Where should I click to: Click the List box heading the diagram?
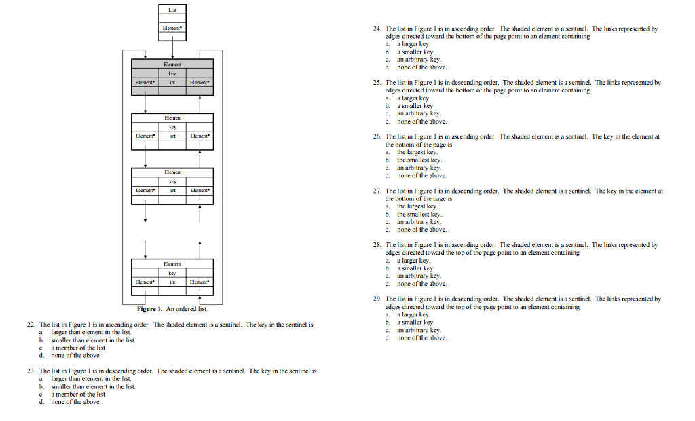172,10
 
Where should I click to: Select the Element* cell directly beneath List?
172,29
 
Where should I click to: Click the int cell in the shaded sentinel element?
172,81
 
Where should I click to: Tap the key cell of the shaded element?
172,73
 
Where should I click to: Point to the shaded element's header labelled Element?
172,63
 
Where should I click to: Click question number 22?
31,325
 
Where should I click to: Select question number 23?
31,371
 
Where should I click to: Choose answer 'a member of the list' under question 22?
78,348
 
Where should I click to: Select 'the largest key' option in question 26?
417,152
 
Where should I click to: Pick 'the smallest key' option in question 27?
419,214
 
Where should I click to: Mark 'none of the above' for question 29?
421,337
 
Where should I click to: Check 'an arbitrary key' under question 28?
419,276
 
